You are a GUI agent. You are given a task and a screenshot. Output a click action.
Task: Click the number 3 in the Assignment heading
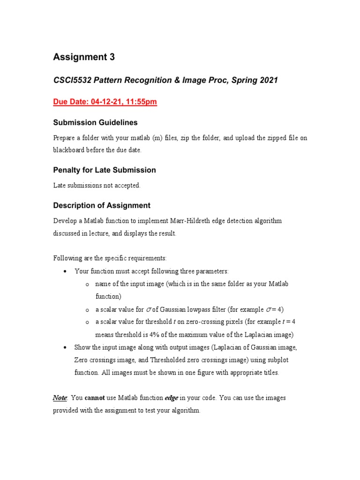[x=111, y=57]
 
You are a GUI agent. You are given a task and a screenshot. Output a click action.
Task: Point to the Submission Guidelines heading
[x=95, y=122]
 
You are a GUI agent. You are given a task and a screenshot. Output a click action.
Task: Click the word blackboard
[x=68, y=150]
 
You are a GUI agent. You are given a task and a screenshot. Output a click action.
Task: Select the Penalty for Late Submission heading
[x=104, y=170]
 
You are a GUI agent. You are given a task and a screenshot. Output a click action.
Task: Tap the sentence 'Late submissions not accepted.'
[x=97, y=185]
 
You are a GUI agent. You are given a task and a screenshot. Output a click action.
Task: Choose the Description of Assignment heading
[x=101, y=205]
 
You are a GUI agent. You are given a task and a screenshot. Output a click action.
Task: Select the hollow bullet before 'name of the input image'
[x=87, y=285]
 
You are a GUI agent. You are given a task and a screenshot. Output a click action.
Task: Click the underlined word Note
[x=60, y=397]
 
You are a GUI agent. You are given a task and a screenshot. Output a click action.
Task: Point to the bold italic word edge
[x=171, y=397]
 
